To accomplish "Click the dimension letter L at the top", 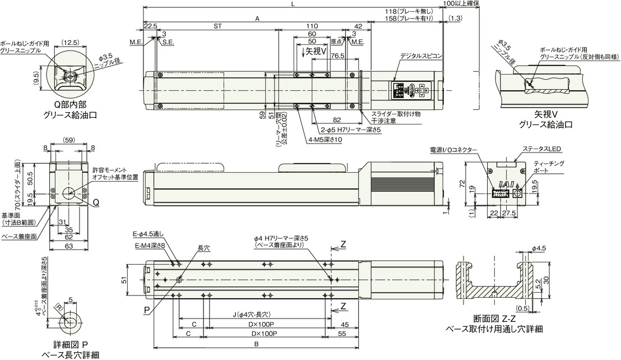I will [x=293, y=4].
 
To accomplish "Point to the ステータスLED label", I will [x=541, y=149].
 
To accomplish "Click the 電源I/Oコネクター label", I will [x=454, y=150].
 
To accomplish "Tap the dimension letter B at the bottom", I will [x=256, y=344].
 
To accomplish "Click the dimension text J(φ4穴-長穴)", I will [x=251, y=314].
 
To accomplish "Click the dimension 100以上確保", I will [x=460, y=4].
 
